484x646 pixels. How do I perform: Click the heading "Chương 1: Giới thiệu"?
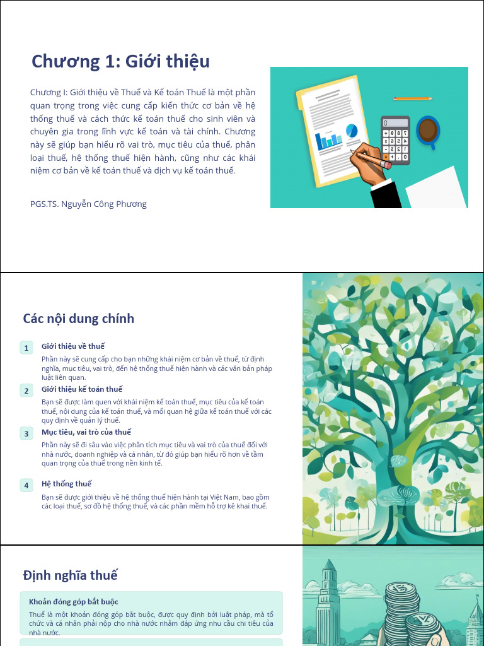(120, 62)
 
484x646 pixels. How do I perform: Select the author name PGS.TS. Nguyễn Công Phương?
(88, 204)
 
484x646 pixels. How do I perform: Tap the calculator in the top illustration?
(395, 139)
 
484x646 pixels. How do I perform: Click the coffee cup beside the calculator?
(428, 131)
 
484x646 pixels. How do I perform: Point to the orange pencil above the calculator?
(413, 98)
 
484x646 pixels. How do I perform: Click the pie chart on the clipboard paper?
(352, 131)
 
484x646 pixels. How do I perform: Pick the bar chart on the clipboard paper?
(328, 141)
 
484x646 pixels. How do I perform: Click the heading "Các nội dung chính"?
(79, 318)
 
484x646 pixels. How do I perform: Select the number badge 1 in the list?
(26, 348)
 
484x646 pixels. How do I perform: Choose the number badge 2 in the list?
(26, 391)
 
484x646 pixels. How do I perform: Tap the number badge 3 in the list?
(26, 433)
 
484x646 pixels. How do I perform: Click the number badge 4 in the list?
(26, 485)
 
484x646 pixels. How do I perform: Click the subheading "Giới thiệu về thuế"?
(73, 346)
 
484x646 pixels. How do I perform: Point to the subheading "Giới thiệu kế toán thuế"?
(82, 389)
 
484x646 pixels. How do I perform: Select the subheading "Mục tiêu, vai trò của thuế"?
(86, 432)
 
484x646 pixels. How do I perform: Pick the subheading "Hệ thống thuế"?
(67, 484)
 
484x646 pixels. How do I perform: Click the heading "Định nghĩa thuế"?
(71, 575)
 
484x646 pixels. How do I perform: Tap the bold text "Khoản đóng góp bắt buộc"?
(74, 602)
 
